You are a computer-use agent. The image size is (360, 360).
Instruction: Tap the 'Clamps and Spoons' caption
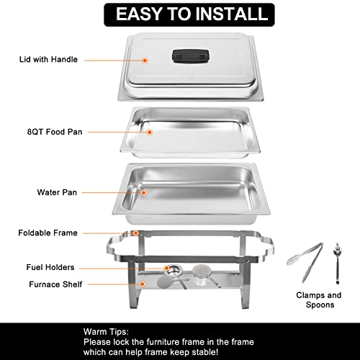point(319,300)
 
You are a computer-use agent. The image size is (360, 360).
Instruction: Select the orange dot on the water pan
point(144,192)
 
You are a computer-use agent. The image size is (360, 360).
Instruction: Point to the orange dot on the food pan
point(150,132)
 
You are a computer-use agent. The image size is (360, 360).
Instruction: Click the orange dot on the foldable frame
point(135,233)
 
